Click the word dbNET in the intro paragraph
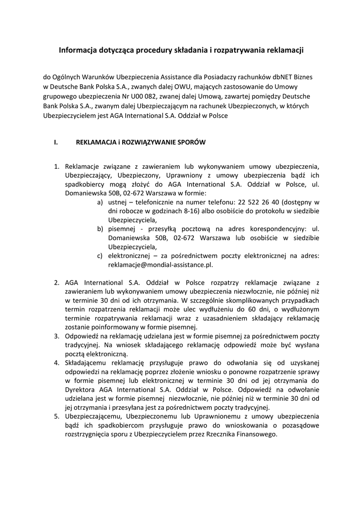click(x=273, y=78)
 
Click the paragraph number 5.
click(x=57, y=416)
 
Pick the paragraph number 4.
click(x=57, y=362)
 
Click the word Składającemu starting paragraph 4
click(x=88, y=362)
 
